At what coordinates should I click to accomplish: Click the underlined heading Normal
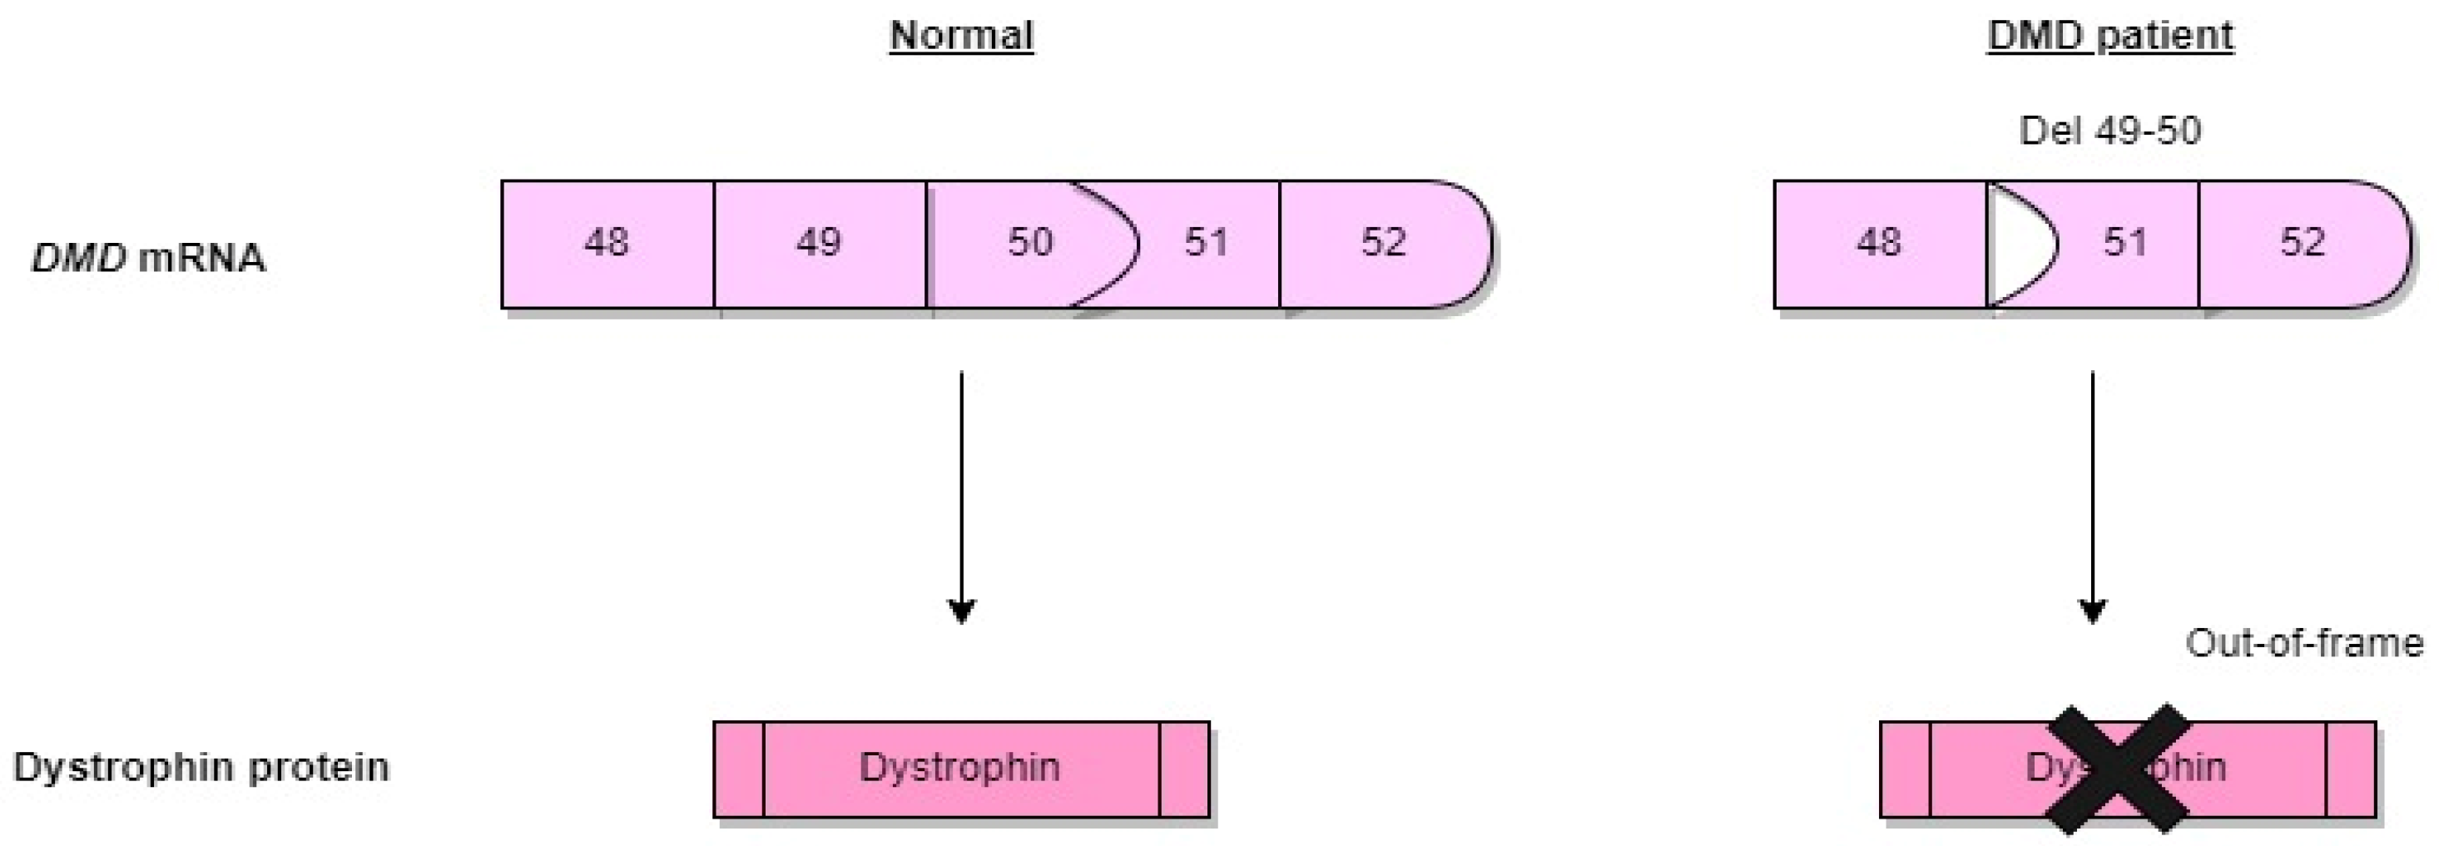click(961, 36)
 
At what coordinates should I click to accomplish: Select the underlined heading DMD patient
click(2109, 36)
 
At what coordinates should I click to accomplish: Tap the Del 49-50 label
click(2109, 131)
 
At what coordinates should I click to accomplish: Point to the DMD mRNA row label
click(149, 257)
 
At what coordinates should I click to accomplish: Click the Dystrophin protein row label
click(201, 766)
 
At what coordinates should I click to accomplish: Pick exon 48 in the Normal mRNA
click(607, 243)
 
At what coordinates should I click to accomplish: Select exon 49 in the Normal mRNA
click(819, 243)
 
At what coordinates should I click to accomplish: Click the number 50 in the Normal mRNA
click(1029, 243)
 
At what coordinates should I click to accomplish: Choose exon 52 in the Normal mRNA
click(1383, 243)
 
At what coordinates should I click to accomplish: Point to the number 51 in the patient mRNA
click(2125, 243)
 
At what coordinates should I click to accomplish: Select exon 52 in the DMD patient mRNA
click(2302, 243)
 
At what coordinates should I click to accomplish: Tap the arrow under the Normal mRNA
click(961, 492)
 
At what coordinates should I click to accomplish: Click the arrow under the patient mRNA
click(2091, 492)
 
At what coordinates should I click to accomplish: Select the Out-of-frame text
click(2303, 644)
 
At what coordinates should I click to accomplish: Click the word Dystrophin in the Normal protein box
click(959, 766)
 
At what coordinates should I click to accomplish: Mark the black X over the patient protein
click(2119, 769)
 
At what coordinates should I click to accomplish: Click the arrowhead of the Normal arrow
click(961, 611)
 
